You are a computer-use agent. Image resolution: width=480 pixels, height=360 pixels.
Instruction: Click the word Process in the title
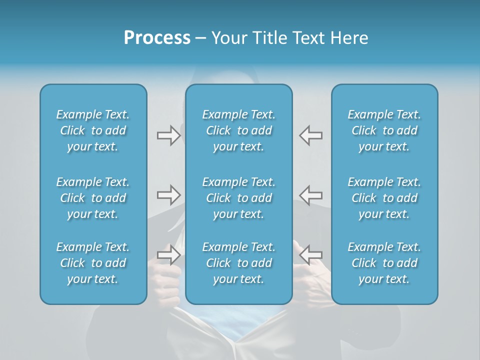pos(157,38)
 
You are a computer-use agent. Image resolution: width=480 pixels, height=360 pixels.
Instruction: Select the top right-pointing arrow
pos(168,135)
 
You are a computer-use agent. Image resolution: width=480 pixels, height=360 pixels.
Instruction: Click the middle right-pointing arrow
pos(168,195)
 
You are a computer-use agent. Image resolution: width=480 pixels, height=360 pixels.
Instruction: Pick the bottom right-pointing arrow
pos(168,254)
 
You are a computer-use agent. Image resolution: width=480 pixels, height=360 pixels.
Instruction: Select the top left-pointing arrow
pos(311,135)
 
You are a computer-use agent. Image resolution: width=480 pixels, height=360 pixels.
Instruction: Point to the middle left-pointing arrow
pos(311,194)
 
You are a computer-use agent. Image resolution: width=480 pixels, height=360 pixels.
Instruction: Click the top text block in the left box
pos(93,130)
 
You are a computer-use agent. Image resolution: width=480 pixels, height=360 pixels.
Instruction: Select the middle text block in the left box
pos(93,198)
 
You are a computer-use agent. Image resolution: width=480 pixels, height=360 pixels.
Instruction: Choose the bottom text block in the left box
pos(93,263)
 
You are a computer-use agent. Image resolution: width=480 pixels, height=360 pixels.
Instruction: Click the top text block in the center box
pos(239,130)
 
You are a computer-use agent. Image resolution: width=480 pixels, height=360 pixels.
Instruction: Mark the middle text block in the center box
pos(239,198)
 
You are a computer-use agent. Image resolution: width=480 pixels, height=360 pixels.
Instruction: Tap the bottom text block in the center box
pos(239,263)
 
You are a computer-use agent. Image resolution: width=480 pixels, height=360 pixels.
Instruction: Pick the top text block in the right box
pos(384,130)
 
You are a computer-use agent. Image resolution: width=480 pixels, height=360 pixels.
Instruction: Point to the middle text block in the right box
pos(384,198)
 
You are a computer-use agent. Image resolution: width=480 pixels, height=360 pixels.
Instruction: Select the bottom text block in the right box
pos(384,263)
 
